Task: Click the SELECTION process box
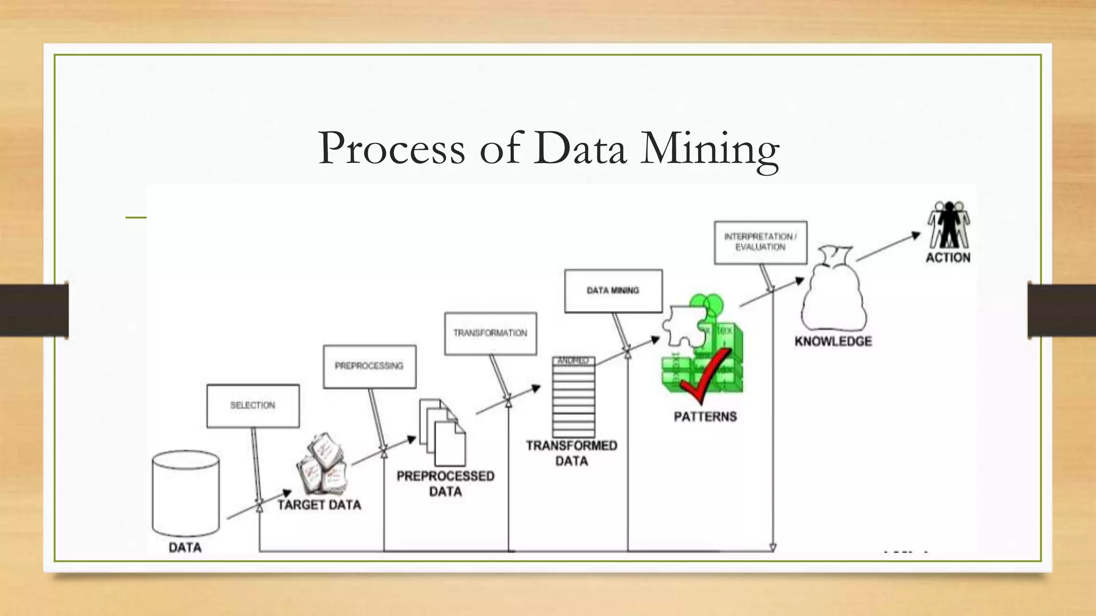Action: [x=253, y=406]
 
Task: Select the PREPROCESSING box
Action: [x=369, y=366]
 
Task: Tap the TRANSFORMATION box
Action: [x=490, y=333]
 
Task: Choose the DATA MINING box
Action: [x=613, y=291]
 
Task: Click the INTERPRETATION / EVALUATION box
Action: [x=760, y=242]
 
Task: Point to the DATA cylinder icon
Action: [x=186, y=493]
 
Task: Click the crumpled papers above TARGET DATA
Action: [x=323, y=464]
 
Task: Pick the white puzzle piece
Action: [x=683, y=326]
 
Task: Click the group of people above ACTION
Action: [x=949, y=225]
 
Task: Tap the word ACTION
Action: [x=948, y=258]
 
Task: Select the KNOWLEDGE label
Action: [x=833, y=341]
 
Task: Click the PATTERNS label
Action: [x=705, y=417]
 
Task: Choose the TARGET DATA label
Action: [x=319, y=505]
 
